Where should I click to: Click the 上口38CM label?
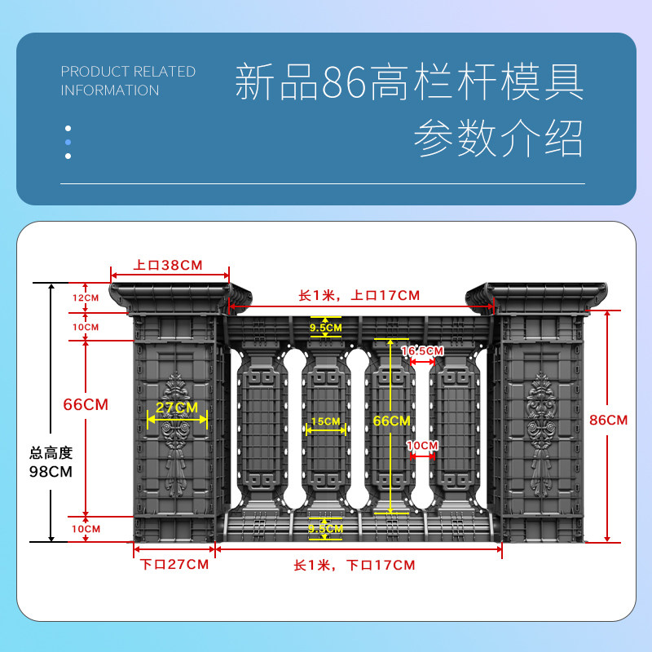tap(169, 265)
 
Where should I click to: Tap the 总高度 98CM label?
tap(51, 463)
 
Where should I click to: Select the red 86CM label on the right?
tap(608, 420)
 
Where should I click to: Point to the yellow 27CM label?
tap(177, 407)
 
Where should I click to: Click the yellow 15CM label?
tap(325, 421)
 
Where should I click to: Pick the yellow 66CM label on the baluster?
tap(391, 421)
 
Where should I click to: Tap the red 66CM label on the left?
tap(86, 404)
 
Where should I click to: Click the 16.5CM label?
tap(422, 350)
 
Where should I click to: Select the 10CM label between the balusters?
tap(423, 446)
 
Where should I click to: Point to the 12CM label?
tap(86, 297)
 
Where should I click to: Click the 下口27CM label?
tap(174, 565)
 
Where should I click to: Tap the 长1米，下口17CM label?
tap(354, 565)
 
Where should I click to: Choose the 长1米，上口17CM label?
tap(359, 295)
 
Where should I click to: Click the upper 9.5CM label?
tap(326, 327)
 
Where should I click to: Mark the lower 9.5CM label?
tap(326, 528)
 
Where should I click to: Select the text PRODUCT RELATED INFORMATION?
tap(128, 81)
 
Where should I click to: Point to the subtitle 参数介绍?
tap(498, 138)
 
